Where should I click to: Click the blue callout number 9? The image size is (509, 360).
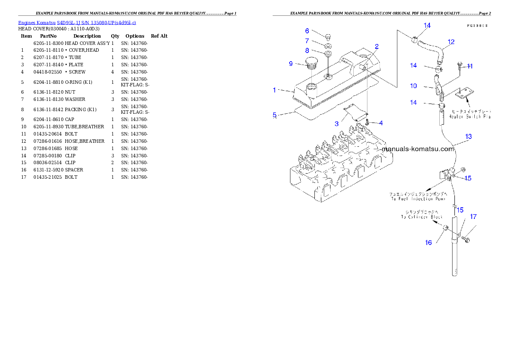291,64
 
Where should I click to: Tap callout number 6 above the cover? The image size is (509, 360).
307,31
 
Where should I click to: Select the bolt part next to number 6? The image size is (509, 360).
327,35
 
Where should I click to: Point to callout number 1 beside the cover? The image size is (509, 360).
275,90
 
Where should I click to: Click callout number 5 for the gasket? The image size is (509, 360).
275,115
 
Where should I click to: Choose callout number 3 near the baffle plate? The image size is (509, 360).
337,124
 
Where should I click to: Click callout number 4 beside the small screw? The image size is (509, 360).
381,123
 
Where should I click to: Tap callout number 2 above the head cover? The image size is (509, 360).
377,46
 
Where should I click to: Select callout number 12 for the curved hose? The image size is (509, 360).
451,42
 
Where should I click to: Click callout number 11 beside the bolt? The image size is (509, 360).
470,66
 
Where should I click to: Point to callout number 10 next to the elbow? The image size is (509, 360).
413,86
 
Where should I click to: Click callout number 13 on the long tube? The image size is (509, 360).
469,137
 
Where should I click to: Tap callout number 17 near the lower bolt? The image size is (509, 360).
473,217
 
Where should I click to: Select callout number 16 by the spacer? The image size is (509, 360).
428,242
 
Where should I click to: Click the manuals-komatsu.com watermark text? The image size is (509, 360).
417,149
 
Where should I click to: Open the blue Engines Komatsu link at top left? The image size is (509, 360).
77,22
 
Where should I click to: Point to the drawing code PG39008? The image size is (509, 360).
477,26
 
